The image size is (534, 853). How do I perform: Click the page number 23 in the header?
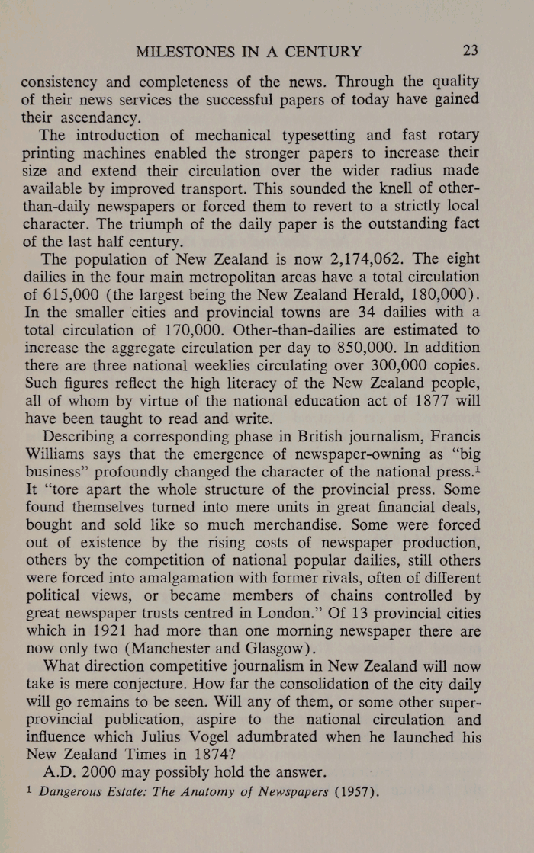[x=470, y=52]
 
